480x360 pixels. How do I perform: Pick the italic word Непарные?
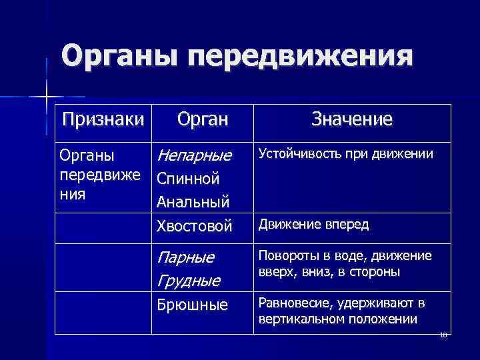pyautogui.click(x=193, y=156)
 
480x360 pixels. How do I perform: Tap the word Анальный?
pyautogui.click(x=193, y=201)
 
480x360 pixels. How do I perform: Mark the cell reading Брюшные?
pyautogui.click(x=192, y=305)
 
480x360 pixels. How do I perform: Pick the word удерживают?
pyautogui.click(x=374, y=303)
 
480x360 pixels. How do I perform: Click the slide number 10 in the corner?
pyautogui.click(x=443, y=335)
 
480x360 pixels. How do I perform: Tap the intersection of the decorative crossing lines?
pyautogui.click(x=46, y=97)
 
